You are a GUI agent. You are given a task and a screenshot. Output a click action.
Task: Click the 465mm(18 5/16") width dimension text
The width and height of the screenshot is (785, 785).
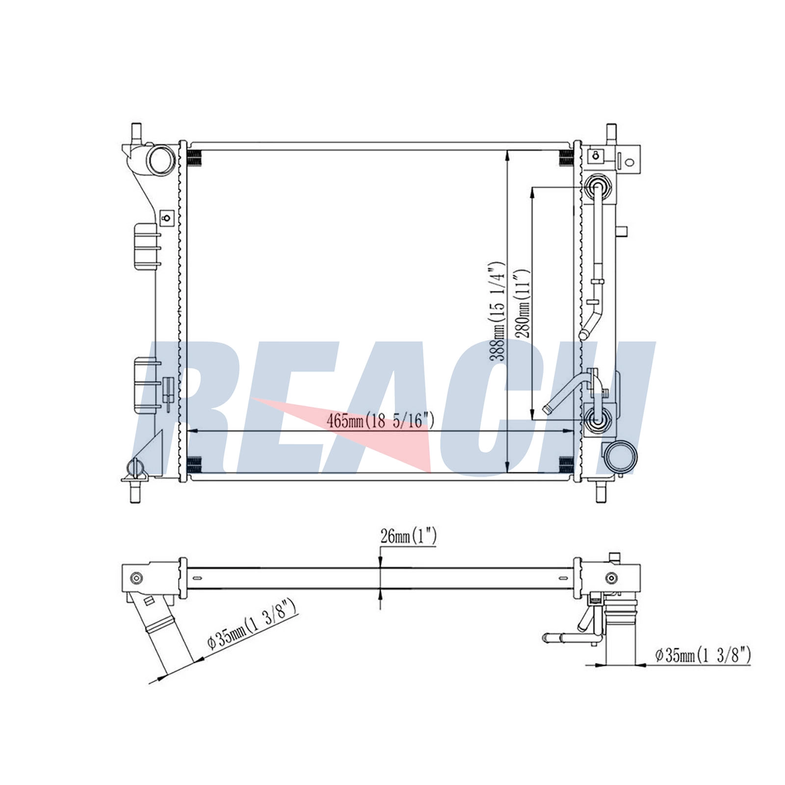click(380, 420)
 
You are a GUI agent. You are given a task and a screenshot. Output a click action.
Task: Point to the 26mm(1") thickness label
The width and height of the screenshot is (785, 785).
click(408, 536)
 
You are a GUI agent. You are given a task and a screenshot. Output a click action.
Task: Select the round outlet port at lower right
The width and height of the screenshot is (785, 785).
click(621, 456)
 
